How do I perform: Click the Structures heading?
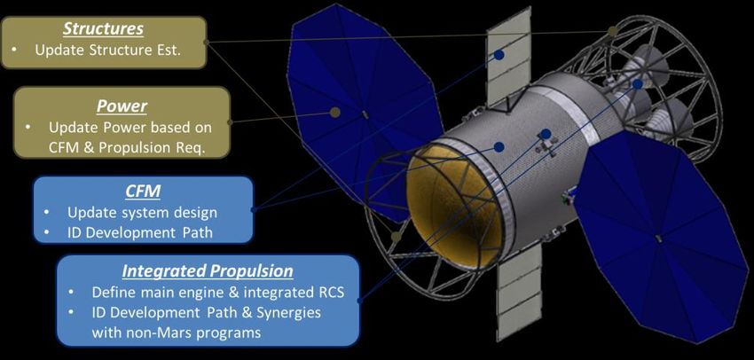[104, 29]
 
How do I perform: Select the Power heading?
[122, 106]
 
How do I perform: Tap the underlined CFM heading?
[142, 192]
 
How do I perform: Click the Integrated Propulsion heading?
[208, 271]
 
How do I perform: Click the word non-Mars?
[162, 333]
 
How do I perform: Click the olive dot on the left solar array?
[335, 113]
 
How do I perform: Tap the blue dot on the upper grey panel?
[499, 55]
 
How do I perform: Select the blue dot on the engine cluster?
[638, 84]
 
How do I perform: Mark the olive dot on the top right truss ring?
[612, 31]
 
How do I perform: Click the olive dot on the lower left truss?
[396, 237]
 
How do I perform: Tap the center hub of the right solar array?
[659, 239]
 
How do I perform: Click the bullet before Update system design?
[47, 213]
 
